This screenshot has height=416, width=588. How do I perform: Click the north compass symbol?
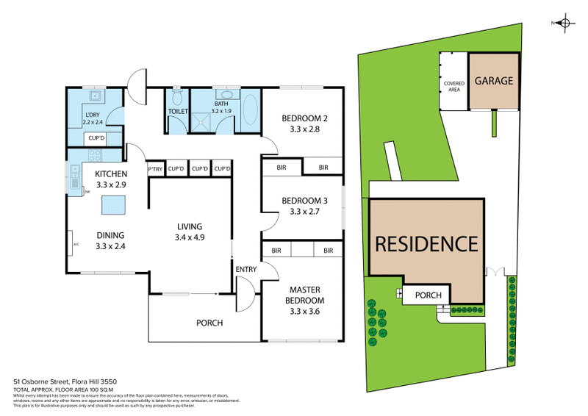coord(564,24)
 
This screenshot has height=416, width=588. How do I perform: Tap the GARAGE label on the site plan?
coord(492,81)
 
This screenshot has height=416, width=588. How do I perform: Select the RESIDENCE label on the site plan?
coord(427,243)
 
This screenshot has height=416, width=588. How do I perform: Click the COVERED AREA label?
coord(453,87)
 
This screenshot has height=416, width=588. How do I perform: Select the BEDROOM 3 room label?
coord(304,206)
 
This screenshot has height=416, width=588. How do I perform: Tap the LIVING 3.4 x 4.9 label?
coord(189,232)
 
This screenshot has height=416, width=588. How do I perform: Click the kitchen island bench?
coord(114,204)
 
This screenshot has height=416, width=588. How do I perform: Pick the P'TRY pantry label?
coord(155,169)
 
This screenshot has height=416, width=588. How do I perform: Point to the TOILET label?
coord(178,112)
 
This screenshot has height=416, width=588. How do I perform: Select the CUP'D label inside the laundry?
coord(96,138)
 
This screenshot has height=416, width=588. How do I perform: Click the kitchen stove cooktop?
coord(96,156)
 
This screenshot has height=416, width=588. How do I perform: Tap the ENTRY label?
coord(245,270)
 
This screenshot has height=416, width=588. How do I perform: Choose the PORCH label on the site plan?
coord(429,295)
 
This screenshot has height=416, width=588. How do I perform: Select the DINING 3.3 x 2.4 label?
coord(110,241)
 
